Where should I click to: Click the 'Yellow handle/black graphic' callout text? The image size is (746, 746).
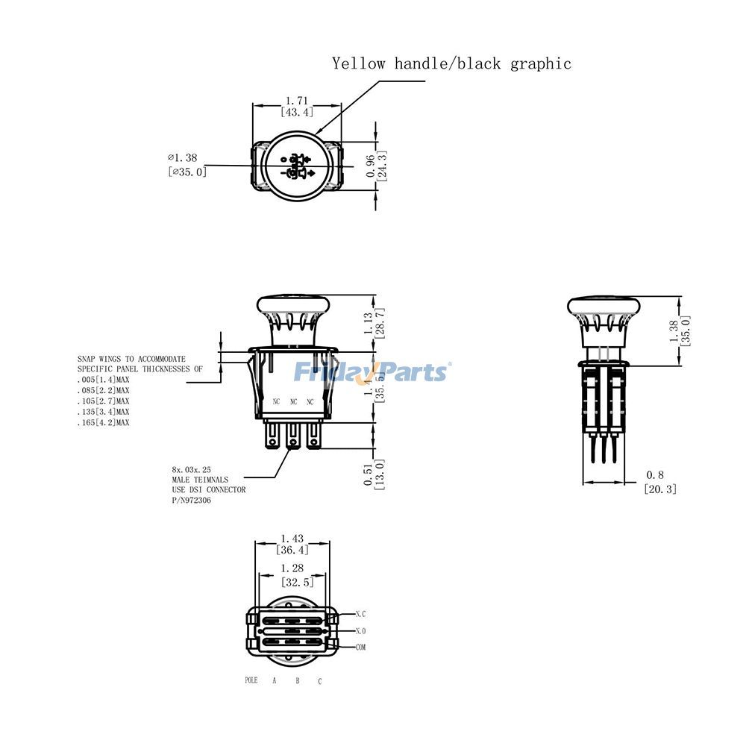[451, 63]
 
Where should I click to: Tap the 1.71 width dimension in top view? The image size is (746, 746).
[296, 100]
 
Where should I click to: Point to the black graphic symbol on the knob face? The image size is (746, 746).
[296, 166]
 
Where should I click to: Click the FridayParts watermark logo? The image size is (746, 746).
[371, 371]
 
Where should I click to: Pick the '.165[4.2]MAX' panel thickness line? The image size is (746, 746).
[104, 423]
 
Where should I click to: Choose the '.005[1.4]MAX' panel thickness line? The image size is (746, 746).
[104, 380]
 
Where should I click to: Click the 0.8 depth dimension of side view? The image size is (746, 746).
[654, 475]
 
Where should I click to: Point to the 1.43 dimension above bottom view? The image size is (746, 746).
[292, 538]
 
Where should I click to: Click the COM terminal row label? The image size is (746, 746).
[360, 647]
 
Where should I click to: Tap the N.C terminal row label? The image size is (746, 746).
[360, 614]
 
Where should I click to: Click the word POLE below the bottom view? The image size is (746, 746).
[251, 680]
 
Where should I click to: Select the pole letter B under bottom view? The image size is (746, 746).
[297, 680]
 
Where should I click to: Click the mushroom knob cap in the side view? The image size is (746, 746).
[604, 306]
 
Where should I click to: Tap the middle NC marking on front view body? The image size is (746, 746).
[293, 402]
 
